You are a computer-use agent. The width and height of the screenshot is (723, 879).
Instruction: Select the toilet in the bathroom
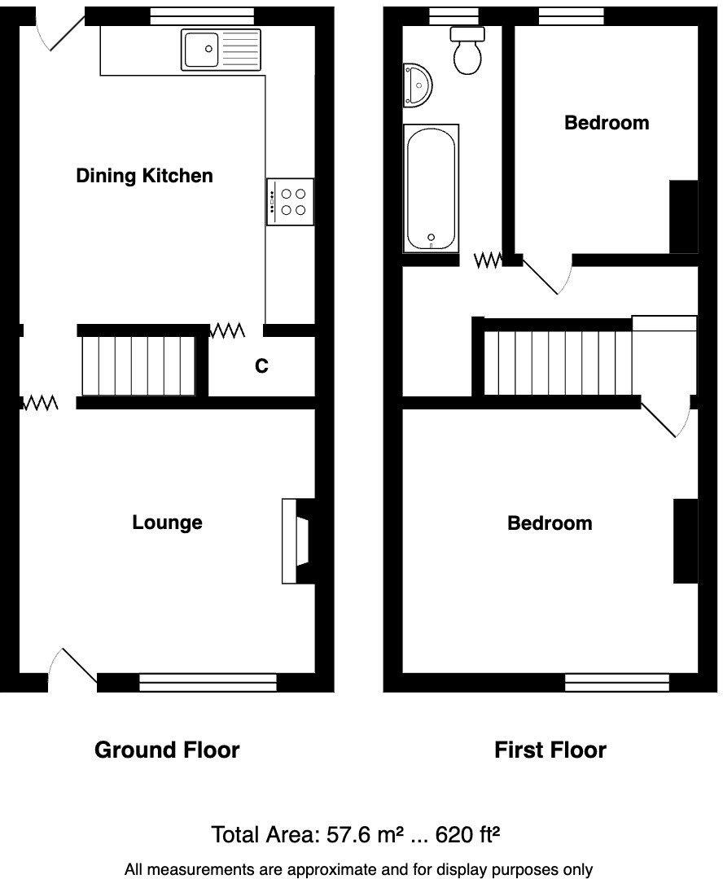[x=468, y=51]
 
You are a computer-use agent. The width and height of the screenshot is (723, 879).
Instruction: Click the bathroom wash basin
[x=418, y=85]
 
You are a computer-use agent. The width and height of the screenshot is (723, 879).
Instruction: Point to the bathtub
[x=431, y=188]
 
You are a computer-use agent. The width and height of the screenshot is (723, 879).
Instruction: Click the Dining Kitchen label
[x=144, y=175]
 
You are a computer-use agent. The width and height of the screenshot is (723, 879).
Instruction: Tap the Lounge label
[x=167, y=523]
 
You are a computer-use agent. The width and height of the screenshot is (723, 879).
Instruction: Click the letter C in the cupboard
[x=261, y=366]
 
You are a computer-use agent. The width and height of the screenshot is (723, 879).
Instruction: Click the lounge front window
[x=208, y=682]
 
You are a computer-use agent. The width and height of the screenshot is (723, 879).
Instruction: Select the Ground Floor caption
[x=167, y=750]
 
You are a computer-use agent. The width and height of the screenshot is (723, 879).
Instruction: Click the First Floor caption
[x=550, y=750]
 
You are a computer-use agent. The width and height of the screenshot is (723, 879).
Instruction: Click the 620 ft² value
[x=467, y=834]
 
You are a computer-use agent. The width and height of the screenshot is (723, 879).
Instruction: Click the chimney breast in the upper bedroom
[x=684, y=216]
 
